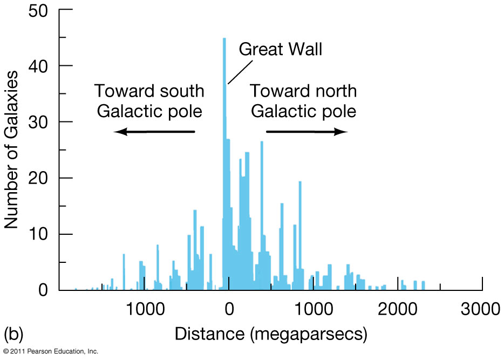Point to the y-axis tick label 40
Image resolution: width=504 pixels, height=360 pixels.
click(x=39, y=66)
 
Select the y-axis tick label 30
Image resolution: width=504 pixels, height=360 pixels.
click(x=39, y=122)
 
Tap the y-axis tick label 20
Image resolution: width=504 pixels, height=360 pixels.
click(x=39, y=178)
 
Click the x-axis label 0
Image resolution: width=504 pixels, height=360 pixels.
click(x=229, y=310)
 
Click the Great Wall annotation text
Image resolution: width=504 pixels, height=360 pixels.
click(x=280, y=50)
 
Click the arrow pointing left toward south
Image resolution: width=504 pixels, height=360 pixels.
click(x=154, y=132)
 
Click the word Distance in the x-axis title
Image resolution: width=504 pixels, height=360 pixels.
click(x=210, y=335)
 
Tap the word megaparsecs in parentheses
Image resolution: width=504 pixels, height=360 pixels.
click(x=309, y=335)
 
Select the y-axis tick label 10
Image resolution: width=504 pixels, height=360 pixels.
click(x=39, y=234)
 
